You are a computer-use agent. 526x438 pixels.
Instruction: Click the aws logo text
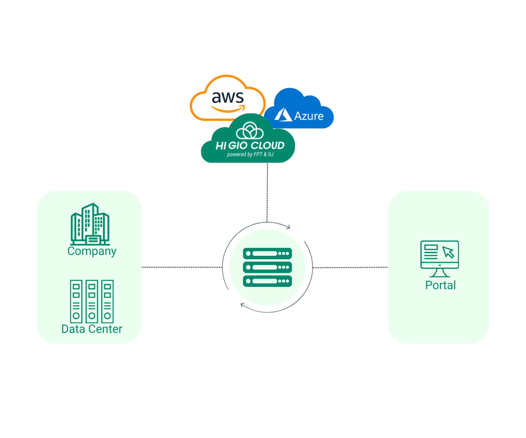(228, 97)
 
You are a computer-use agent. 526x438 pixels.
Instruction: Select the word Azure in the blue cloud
(309, 116)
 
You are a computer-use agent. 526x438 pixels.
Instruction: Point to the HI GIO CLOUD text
(250, 146)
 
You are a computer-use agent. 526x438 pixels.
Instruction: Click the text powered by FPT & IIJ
(250, 154)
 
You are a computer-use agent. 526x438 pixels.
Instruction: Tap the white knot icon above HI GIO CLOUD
(250, 131)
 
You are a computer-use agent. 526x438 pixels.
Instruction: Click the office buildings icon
(90, 224)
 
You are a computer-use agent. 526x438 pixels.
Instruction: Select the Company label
(92, 251)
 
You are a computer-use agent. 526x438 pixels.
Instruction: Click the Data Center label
(92, 329)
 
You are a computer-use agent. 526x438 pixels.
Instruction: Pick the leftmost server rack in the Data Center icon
(76, 301)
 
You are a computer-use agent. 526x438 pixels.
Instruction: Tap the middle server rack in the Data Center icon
(92, 301)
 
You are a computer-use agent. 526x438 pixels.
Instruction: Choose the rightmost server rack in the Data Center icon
(108, 301)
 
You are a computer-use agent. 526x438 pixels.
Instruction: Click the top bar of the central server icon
(267, 254)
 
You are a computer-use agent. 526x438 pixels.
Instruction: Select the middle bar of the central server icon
(267, 267)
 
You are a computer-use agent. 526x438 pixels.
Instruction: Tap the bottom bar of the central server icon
(267, 281)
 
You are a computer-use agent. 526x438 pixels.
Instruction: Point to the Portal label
(440, 285)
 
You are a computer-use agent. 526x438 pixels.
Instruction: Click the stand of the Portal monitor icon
(440, 273)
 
